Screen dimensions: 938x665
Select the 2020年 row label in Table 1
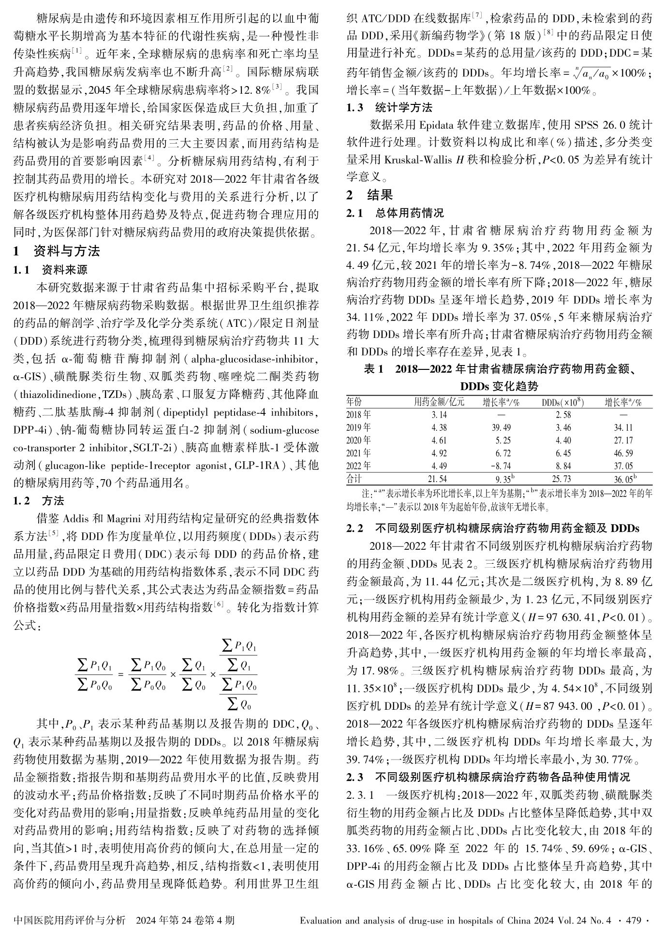pos(359,440)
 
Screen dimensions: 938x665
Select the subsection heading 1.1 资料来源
pos(50,270)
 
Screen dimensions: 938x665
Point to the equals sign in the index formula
pos(121,674)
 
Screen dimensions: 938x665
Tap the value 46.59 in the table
pos(623,454)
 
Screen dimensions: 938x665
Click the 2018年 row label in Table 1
pos(359,415)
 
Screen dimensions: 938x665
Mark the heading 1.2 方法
pos(39,501)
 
